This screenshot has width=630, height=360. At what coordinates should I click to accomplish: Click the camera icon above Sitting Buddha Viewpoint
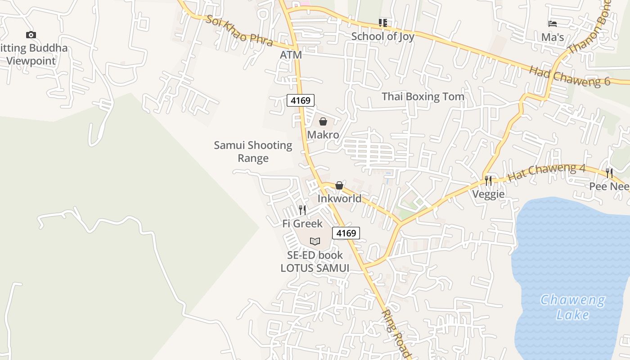(31, 35)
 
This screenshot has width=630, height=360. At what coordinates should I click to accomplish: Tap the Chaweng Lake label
(572, 307)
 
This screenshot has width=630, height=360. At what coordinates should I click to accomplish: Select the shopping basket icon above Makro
(323, 121)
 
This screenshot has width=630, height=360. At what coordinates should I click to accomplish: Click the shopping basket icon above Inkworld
(339, 185)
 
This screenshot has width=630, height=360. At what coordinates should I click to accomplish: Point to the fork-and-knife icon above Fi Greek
(302, 210)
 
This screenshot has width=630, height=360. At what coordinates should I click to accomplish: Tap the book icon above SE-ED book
(315, 241)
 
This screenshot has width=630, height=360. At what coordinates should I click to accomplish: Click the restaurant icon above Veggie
(488, 180)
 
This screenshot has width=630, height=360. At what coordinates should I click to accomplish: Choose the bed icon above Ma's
(553, 23)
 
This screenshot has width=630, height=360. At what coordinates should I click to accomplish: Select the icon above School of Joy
(382, 22)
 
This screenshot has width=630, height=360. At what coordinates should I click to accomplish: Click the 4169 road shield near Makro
(300, 100)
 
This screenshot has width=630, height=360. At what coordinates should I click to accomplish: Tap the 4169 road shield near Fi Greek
(346, 233)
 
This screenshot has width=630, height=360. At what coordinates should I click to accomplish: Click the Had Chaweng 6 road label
(569, 76)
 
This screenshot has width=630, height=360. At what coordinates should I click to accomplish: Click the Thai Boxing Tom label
(423, 96)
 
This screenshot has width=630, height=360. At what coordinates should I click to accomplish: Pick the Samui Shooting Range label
(253, 152)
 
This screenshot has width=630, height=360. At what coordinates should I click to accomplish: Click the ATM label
(291, 54)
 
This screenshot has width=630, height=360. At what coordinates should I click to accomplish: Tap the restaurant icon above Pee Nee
(609, 173)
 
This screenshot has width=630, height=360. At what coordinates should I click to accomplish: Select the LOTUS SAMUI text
(315, 268)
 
